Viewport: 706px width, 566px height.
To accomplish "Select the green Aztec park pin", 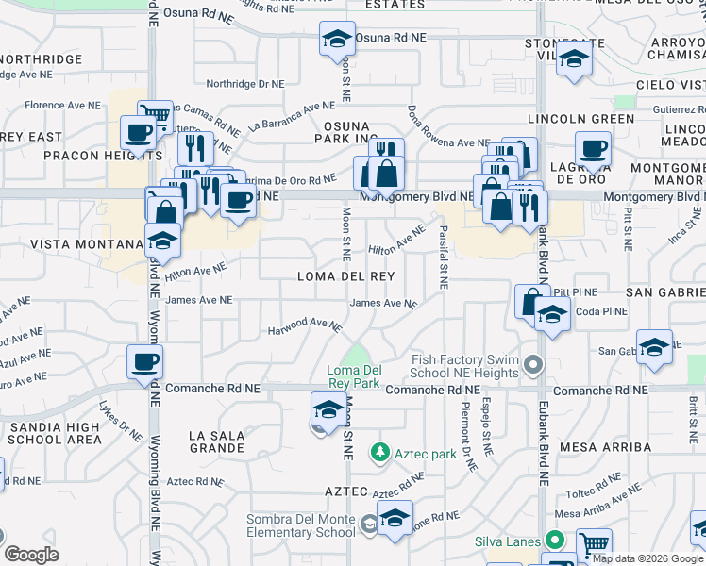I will [x=380, y=453].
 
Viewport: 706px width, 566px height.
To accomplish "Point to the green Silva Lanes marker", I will [x=557, y=541].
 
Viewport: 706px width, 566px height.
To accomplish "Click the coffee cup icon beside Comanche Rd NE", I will [x=145, y=361].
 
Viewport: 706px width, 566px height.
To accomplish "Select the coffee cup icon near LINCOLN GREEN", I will [x=593, y=148].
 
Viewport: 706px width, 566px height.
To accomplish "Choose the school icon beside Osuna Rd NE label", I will [x=337, y=39].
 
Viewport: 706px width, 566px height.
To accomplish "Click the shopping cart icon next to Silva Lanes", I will [x=594, y=544].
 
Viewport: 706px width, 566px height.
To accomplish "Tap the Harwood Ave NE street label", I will [x=304, y=325].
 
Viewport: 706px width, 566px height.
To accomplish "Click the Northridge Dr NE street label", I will [x=244, y=83].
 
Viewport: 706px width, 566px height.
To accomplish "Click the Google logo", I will [x=32, y=555].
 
